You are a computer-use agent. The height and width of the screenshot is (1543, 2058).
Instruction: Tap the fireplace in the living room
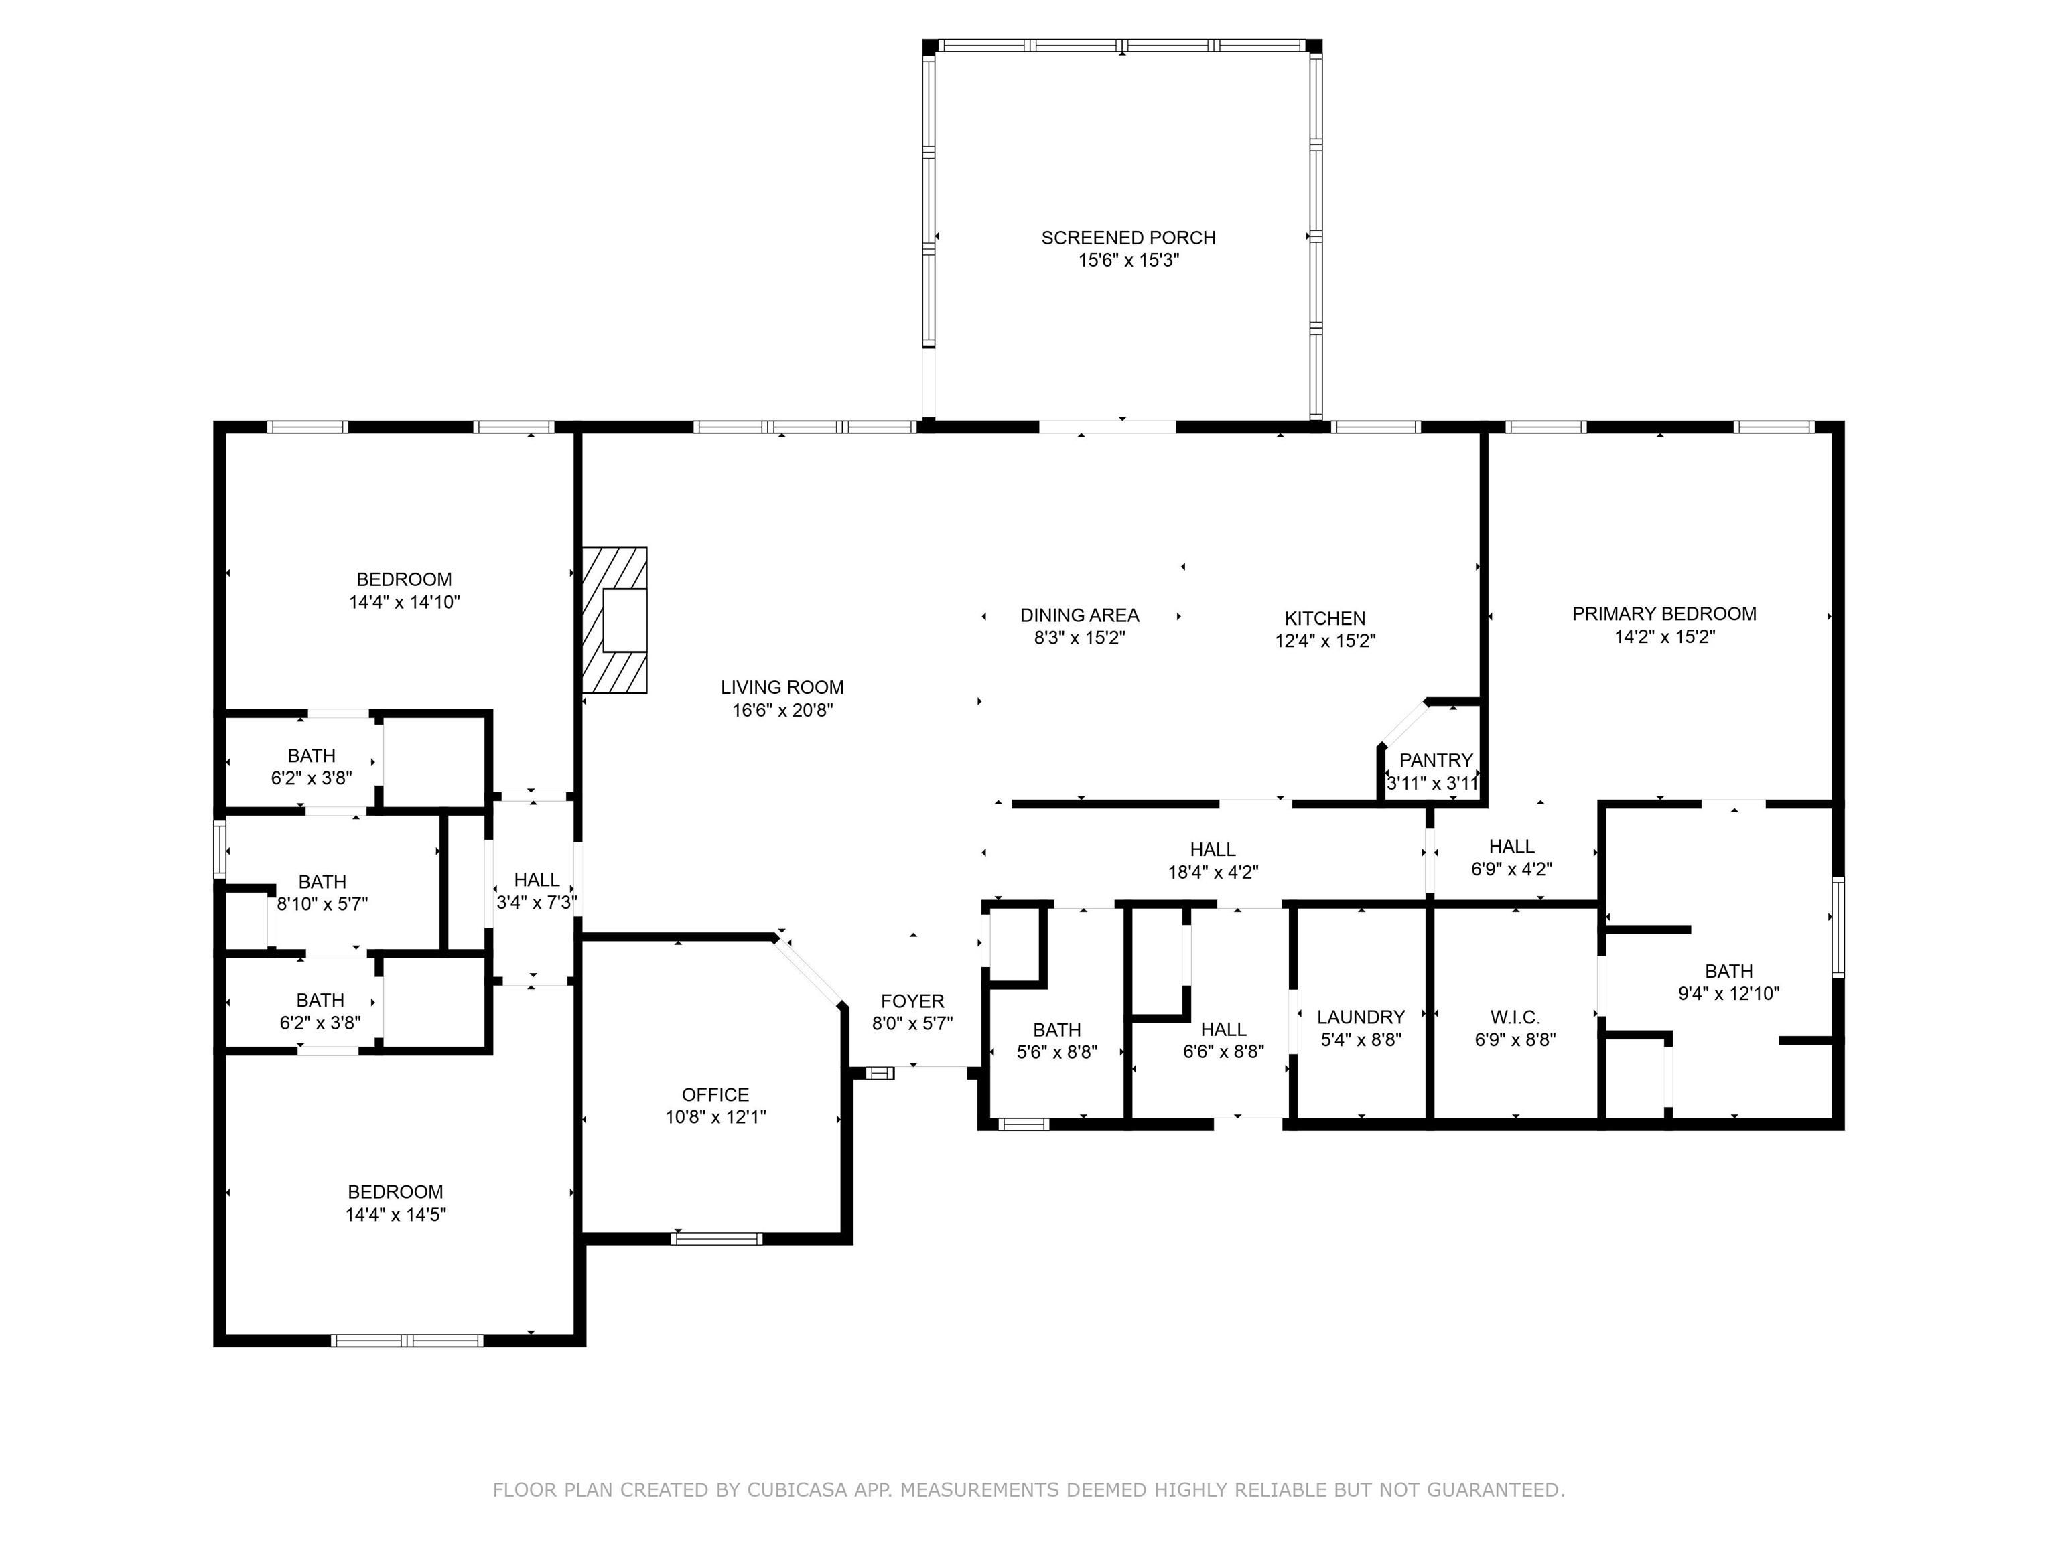[x=614, y=620]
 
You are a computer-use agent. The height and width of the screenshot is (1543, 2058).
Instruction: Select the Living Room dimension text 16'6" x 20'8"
[x=782, y=711]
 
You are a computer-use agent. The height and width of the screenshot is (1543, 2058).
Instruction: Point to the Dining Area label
[x=1079, y=615]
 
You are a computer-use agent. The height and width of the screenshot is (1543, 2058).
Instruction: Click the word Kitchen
[x=1325, y=619]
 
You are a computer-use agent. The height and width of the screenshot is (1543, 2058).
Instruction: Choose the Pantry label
[x=1436, y=761]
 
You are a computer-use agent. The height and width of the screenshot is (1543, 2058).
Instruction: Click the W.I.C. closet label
[x=1515, y=1017]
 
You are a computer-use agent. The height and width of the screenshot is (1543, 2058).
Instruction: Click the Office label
[x=715, y=1095]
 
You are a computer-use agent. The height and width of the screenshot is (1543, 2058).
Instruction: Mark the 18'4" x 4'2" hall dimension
[x=1213, y=873]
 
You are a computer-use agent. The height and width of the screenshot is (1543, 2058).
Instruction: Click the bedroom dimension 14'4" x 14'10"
[x=405, y=603]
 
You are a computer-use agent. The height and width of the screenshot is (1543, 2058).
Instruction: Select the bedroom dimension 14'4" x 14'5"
[x=397, y=1215]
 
